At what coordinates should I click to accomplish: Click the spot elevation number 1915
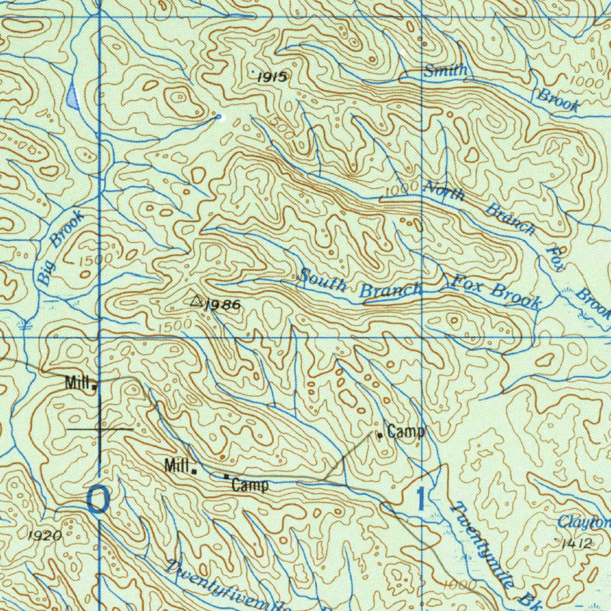[x=272, y=76]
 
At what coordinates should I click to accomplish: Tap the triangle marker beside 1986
[x=196, y=301]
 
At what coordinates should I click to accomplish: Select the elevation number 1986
[x=223, y=305]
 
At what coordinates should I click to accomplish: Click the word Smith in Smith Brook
[x=446, y=71]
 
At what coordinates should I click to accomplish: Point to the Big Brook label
[x=58, y=249]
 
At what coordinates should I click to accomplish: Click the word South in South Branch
[x=323, y=280]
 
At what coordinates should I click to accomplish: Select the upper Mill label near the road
[x=78, y=382]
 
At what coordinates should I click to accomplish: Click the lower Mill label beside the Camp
[x=177, y=465]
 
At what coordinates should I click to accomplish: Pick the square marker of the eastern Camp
[x=379, y=436]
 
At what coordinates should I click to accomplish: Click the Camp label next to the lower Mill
[x=250, y=485]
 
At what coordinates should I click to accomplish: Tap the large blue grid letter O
[x=98, y=499]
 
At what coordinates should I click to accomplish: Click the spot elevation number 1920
[x=45, y=536]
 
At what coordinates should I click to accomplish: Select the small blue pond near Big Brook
[x=73, y=97]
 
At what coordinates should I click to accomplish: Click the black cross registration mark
[x=100, y=428]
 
